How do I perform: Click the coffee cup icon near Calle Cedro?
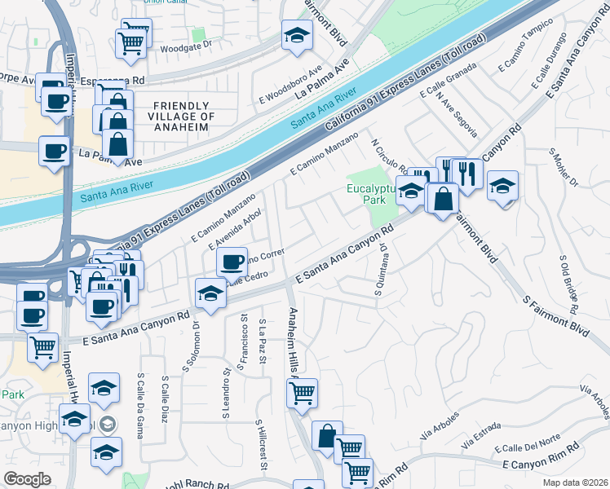point(232,262)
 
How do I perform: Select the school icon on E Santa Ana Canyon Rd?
point(210,293)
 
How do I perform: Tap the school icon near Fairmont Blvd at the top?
point(298,34)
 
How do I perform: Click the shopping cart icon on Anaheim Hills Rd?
point(303,394)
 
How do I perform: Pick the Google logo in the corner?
point(27,479)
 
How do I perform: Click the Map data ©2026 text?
point(575,482)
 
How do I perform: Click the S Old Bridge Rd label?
point(569,282)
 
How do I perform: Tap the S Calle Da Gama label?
point(141,404)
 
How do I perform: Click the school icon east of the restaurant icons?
point(502,187)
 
